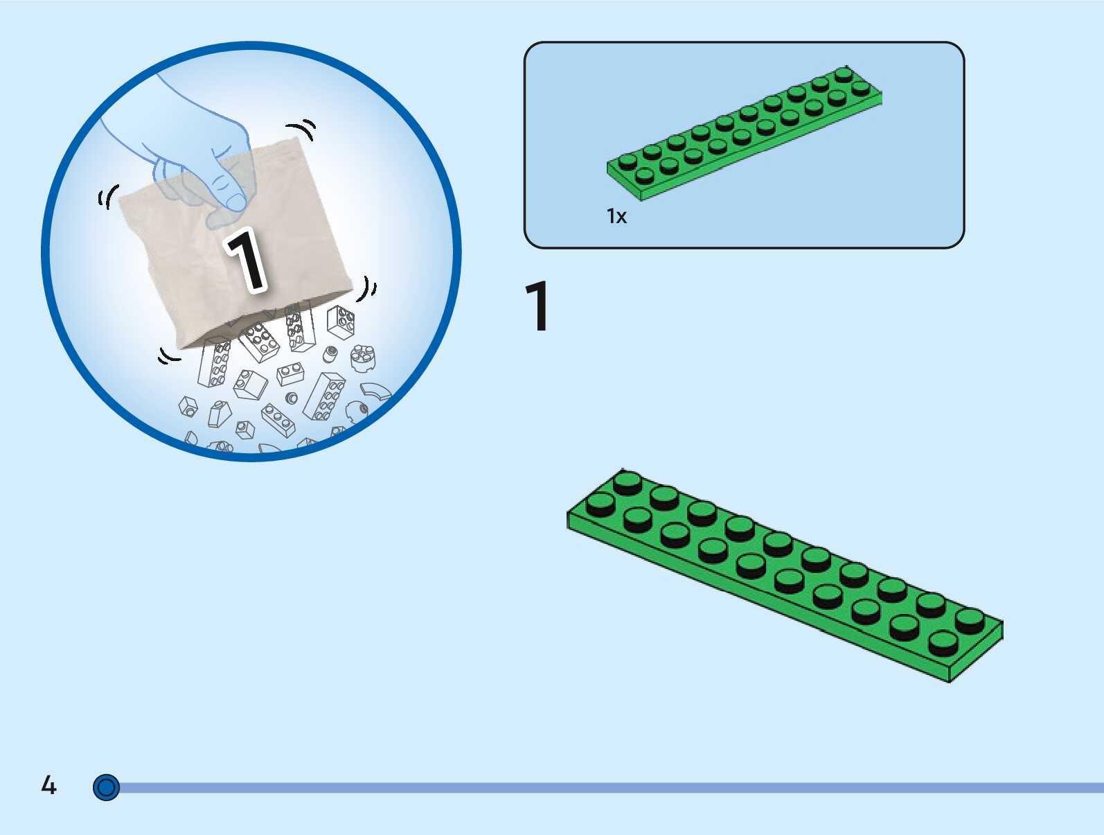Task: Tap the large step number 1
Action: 537,306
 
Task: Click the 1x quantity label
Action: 616,216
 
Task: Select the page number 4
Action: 48,785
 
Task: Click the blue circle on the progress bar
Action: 106,787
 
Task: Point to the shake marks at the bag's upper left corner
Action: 107,197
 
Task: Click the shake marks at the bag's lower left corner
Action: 168,356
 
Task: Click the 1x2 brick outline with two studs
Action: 290,375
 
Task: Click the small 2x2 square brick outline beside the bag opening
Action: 341,322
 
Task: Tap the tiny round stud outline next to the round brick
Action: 330,353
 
